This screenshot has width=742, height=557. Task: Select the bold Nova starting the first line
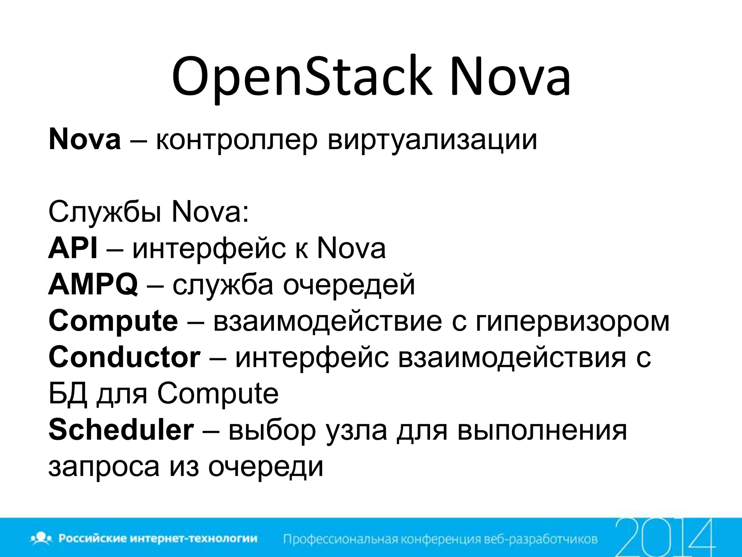(84, 140)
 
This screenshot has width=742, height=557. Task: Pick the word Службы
(105, 213)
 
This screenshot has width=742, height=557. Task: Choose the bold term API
(73, 249)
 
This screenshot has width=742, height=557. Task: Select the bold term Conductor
(124, 358)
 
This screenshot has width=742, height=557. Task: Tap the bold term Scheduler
(121, 430)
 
